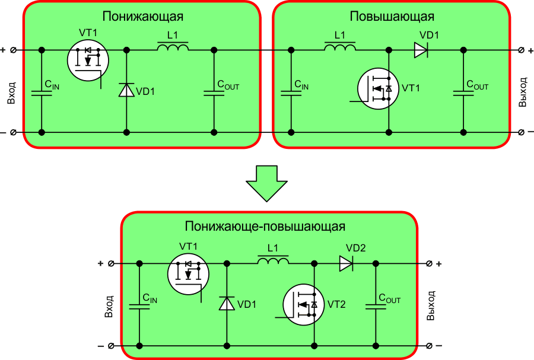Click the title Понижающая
click(x=143, y=16)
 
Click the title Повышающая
click(x=392, y=16)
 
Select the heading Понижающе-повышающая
click(x=265, y=227)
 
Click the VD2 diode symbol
click(x=347, y=263)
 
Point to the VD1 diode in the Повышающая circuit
click(x=421, y=50)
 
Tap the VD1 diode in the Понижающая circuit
click(x=126, y=90)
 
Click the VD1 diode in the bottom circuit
click(x=227, y=303)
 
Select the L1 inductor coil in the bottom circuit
click(x=273, y=261)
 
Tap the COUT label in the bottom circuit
click(x=390, y=300)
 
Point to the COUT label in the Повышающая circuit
click(x=478, y=86)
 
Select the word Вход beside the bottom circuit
click(x=109, y=304)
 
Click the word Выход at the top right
click(x=523, y=91)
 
